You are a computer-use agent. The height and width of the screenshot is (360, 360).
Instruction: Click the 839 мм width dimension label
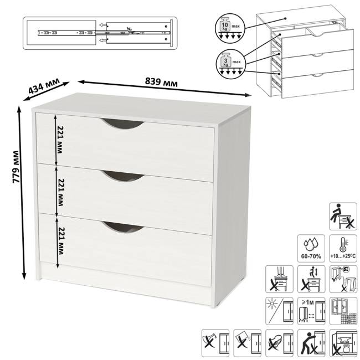[x=161, y=82]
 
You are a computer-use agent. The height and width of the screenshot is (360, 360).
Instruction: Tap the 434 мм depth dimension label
[x=44, y=86]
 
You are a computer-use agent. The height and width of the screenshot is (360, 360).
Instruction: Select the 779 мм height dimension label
[x=16, y=167]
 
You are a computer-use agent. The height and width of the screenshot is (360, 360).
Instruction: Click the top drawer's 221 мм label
[x=60, y=140]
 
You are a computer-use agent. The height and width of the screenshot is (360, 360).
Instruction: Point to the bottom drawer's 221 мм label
[x=60, y=241]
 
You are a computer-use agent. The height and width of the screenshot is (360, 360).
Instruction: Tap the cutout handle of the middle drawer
[x=123, y=176]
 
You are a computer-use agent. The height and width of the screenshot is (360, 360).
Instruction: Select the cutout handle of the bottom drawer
[x=123, y=227]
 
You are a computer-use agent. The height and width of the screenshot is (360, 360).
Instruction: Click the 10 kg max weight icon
[x=230, y=29]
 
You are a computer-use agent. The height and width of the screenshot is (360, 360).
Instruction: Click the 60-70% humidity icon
[x=311, y=249]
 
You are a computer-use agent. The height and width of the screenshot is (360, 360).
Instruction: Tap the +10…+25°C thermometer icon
[x=343, y=249]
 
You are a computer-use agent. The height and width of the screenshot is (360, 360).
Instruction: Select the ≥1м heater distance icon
[x=311, y=311]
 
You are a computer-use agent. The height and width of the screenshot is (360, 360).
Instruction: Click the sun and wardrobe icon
[x=279, y=311]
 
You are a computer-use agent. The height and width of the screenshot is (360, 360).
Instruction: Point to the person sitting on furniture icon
[x=343, y=216]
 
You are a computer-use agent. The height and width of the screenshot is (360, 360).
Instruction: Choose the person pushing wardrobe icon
[x=311, y=343]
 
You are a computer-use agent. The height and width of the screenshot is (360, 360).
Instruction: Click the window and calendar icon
[x=343, y=311]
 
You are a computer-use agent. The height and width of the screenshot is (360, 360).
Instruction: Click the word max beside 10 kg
[x=235, y=26]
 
